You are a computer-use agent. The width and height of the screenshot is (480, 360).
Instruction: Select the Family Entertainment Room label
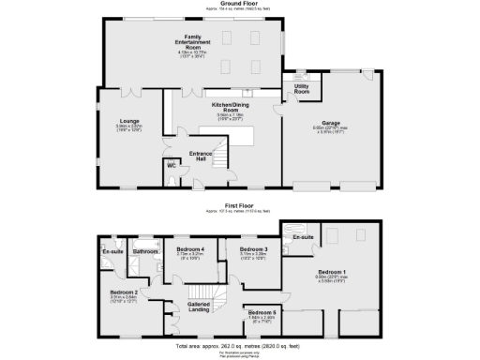click(190, 41)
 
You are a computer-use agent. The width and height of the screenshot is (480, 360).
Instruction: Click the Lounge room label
click(128, 122)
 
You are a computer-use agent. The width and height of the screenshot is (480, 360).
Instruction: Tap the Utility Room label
click(302, 89)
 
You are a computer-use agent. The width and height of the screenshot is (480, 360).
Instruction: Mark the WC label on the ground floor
click(171, 167)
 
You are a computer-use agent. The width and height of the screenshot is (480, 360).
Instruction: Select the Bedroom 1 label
click(332, 271)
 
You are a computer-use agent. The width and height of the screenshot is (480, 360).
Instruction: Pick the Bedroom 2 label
click(127, 293)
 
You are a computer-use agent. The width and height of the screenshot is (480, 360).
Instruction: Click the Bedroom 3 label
click(254, 249)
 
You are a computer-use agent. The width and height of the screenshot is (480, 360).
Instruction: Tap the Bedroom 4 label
click(190, 249)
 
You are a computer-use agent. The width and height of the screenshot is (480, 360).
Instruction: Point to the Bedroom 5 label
click(262, 311)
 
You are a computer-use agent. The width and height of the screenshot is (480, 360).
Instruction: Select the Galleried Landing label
click(199, 306)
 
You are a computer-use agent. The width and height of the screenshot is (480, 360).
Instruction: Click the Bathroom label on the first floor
click(145, 251)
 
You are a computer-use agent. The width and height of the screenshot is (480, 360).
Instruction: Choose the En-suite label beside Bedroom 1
click(303, 237)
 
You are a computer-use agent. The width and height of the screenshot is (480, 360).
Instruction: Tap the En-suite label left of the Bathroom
click(112, 251)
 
